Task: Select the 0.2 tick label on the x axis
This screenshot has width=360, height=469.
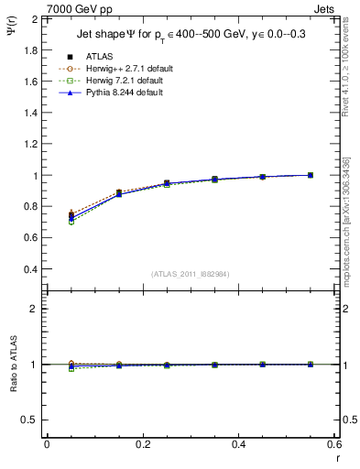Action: (142, 444)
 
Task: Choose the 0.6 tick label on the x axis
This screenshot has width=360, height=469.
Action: (333, 444)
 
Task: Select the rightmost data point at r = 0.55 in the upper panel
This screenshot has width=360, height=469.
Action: (311, 175)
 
